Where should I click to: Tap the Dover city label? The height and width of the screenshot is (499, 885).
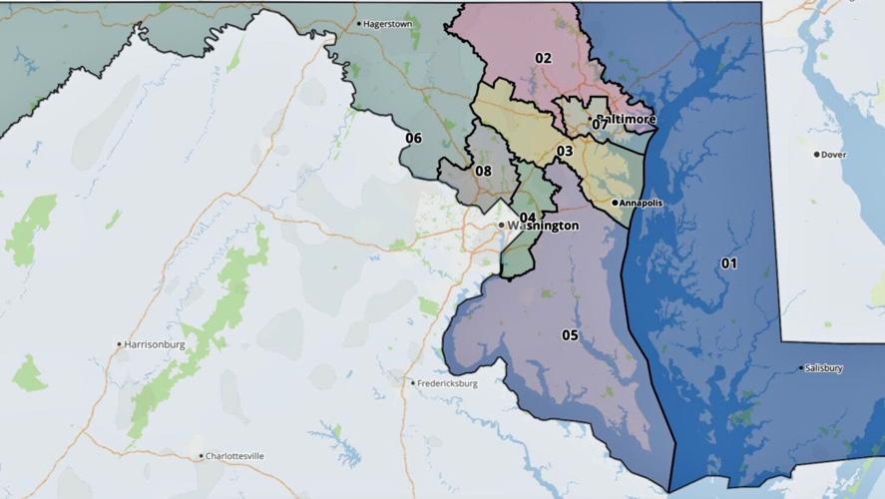click(x=834, y=155)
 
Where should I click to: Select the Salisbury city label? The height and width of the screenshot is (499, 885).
click(x=825, y=368)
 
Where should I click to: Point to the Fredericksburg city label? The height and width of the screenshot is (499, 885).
click(x=449, y=383)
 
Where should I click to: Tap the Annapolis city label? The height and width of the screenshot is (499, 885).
click(x=642, y=203)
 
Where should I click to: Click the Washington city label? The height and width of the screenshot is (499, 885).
click(x=543, y=226)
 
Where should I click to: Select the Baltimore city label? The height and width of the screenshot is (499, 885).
click(x=628, y=119)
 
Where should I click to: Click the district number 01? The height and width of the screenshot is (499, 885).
click(x=729, y=263)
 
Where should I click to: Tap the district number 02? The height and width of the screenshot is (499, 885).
click(x=543, y=58)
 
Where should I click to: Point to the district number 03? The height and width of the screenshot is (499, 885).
click(x=565, y=151)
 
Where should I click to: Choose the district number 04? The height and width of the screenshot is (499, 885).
click(x=528, y=218)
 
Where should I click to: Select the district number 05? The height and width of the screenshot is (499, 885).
click(x=570, y=335)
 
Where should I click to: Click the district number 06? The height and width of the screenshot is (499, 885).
click(x=413, y=138)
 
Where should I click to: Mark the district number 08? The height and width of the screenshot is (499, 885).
click(x=483, y=171)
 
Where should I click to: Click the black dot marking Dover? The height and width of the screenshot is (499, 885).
click(x=816, y=155)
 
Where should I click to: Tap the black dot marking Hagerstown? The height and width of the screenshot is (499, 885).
click(x=359, y=23)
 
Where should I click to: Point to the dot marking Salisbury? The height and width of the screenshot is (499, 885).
click(x=802, y=368)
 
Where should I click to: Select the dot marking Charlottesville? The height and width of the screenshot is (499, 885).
click(x=202, y=456)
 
